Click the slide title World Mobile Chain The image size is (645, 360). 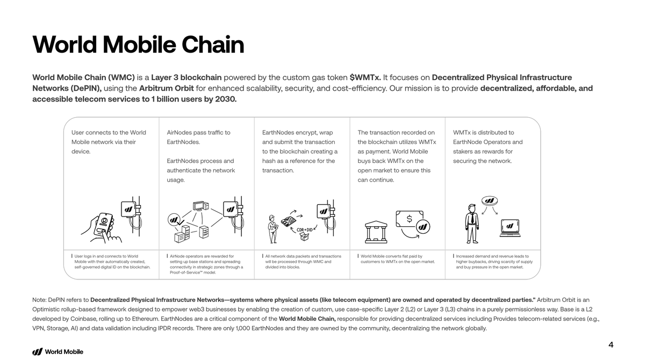point(138,45)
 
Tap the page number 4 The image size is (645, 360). point(611,345)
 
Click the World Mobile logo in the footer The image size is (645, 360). point(58,352)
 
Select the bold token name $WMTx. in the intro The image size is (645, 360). point(365,77)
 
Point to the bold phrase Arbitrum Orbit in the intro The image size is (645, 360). point(166,88)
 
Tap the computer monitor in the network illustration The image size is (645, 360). point(199,206)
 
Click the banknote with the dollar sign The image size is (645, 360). point(413,220)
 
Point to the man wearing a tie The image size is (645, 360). point(472,224)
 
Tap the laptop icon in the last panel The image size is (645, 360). point(510,228)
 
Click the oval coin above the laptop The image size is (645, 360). point(489,201)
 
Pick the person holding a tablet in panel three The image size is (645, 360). point(273,228)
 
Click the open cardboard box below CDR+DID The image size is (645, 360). point(306,237)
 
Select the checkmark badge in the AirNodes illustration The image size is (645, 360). point(175,220)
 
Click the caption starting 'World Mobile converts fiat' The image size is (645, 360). point(398,259)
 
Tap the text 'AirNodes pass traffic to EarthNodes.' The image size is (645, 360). point(198,137)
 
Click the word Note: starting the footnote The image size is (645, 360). point(39,299)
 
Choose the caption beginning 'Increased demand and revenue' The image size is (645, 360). point(494,262)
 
